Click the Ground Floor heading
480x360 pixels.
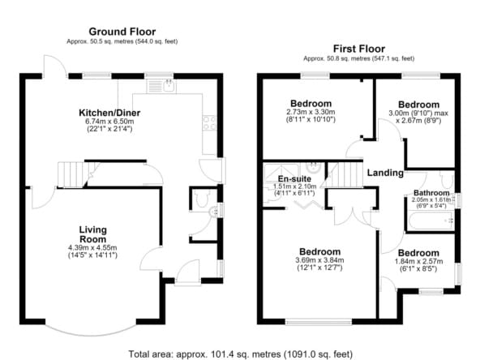tap(122, 32)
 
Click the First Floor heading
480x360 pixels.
tap(359, 49)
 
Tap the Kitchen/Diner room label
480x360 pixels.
tap(109, 113)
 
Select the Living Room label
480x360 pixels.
tap(92, 234)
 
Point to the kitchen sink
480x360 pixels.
tap(161, 86)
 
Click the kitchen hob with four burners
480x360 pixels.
tap(209, 122)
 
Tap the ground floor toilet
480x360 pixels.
tap(202, 199)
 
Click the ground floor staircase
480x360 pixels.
tap(73, 174)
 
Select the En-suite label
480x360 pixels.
tap(294, 178)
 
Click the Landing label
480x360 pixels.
tap(385, 173)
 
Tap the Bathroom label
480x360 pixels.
tap(431, 193)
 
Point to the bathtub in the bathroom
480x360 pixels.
tap(431, 221)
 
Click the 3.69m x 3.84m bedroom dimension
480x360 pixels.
tap(319, 260)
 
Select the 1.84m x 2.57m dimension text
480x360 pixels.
tap(418, 261)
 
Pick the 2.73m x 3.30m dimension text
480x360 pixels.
tap(311, 112)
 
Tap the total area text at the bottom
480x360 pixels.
tap(240, 354)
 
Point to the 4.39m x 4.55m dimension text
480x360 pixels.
tap(92, 247)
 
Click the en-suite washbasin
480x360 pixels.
tap(313, 168)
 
